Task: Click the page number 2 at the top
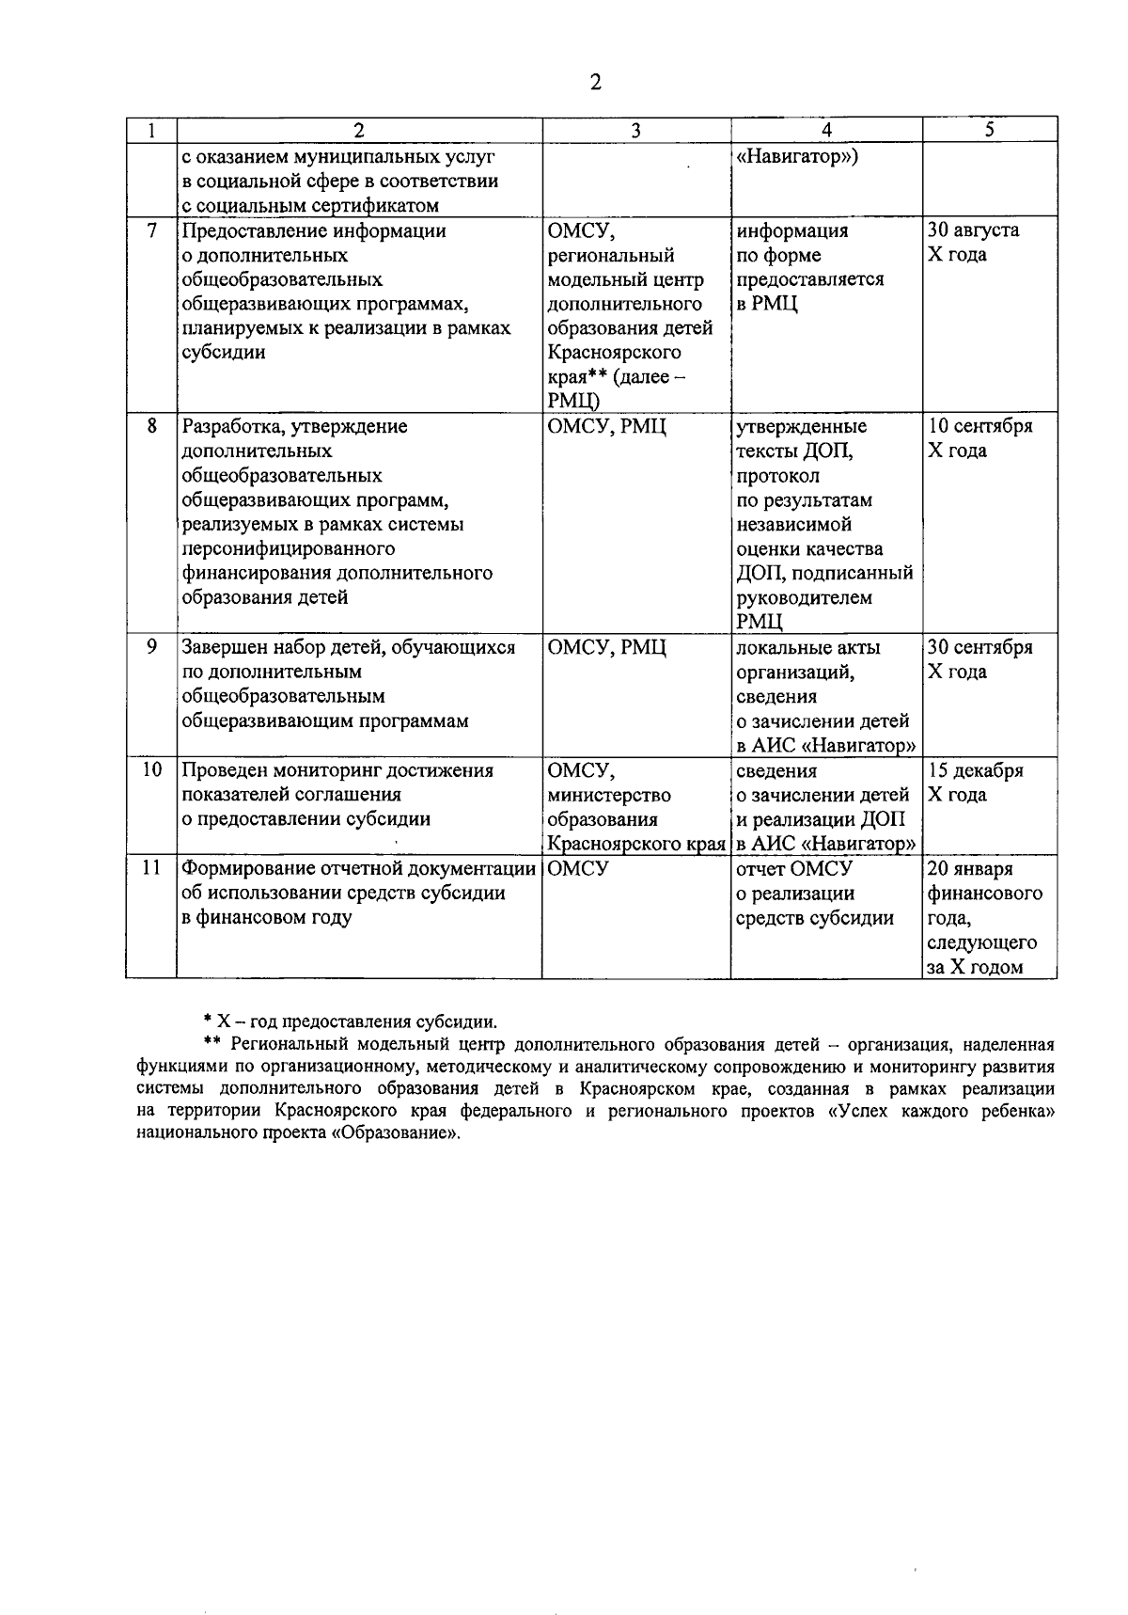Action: pyautogui.click(x=595, y=84)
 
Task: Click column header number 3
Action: pyautogui.click(x=635, y=131)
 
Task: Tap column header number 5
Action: pyautogui.click(x=990, y=131)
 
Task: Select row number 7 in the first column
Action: pyautogui.click(x=151, y=230)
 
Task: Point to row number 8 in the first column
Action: pyautogui.click(x=151, y=426)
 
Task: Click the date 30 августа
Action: pyautogui.click(x=973, y=230)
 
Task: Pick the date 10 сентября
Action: pyautogui.click(x=979, y=426)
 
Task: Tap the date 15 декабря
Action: pyautogui.click(x=975, y=771)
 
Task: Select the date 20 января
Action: pyautogui.click(x=970, y=869)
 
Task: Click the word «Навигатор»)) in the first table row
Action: pyautogui.click(x=796, y=156)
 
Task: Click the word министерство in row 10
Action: pyautogui.click(x=608, y=796)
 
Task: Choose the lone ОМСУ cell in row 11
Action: pyautogui.click(x=577, y=869)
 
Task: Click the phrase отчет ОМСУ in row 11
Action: pyautogui.click(x=793, y=869)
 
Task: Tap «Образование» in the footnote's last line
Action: pyautogui.click(x=404, y=1134)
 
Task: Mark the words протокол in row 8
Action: pyautogui.click(x=776, y=476)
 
